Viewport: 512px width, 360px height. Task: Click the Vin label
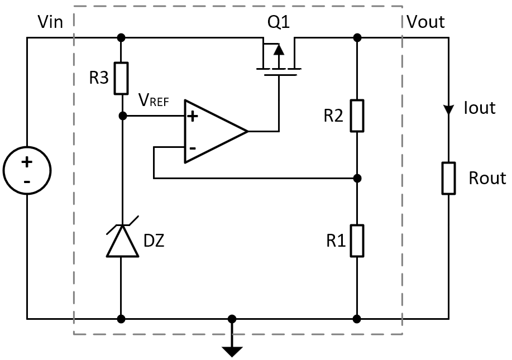pos(50,22)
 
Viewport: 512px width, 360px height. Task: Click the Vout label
pos(425,22)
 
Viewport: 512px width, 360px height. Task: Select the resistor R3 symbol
pos(122,78)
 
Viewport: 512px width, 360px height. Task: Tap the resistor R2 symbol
pos(357,116)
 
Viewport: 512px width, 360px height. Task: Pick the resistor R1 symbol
pos(357,241)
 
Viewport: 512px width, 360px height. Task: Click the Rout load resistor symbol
pos(448,178)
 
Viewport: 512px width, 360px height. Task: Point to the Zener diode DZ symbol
pos(122,240)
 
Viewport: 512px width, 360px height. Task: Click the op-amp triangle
pos(216,132)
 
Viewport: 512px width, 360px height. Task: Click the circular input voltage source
pos(27,171)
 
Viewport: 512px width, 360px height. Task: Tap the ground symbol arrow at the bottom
pos(232,351)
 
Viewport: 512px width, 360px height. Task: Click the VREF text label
pos(154,101)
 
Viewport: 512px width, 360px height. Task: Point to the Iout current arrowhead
pos(448,109)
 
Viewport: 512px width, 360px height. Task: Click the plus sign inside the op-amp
pos(193,117)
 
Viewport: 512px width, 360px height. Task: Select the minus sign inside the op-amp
pos(193,148)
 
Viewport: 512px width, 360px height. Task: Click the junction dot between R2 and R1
pos(357,179)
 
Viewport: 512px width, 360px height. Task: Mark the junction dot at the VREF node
pos(122,116)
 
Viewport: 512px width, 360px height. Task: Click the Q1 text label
pos(279,22)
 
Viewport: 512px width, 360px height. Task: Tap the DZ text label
pos(154,242)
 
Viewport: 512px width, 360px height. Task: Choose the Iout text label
pos(480,108)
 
